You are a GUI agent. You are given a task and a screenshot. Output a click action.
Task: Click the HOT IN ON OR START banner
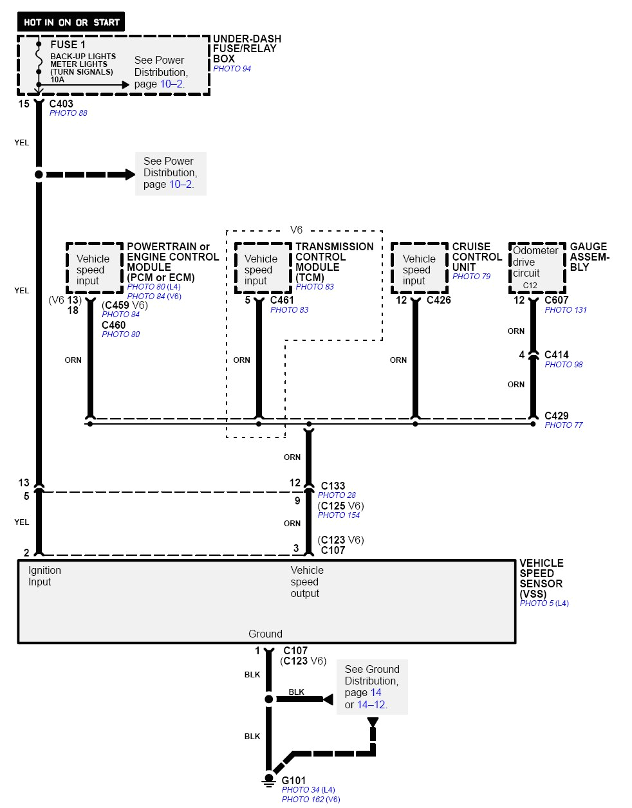click(71, 22)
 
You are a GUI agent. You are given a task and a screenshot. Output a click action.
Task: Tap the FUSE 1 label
click(68, 44)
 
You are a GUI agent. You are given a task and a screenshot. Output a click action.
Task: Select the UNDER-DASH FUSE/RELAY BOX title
click(246, 48)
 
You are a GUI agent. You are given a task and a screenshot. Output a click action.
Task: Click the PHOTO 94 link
click(232, 69)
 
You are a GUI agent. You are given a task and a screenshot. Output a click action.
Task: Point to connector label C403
click(61, 104)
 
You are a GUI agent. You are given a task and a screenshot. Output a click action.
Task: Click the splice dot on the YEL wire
click(39, 174)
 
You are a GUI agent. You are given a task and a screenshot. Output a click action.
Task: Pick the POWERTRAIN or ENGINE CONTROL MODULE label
click(172, 262)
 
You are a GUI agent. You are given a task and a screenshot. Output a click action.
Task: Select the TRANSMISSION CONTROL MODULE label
click(334, 262)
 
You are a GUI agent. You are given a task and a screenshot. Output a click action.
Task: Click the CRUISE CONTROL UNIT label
click(477, 257)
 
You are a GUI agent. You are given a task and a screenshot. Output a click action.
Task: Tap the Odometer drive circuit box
click(537, 267)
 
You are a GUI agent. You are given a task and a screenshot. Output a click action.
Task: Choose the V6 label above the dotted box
click(296, 230)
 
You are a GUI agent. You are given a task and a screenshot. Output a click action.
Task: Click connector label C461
click(282, 300)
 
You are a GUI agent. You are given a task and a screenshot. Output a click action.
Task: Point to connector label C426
click(438, 300)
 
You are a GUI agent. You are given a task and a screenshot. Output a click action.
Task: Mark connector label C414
click(556, 354)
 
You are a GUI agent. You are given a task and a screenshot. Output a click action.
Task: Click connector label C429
click(556, 416)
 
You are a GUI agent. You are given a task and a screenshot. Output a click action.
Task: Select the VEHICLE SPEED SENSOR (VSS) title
click(541, 578)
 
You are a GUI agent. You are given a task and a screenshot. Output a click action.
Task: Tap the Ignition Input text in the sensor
click(44, 576)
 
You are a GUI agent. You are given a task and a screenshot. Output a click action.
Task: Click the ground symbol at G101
click(269, 779)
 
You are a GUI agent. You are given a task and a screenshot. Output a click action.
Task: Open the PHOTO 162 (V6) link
click(310, 799)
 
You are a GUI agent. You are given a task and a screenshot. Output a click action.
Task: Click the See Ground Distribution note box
click(371, 686)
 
